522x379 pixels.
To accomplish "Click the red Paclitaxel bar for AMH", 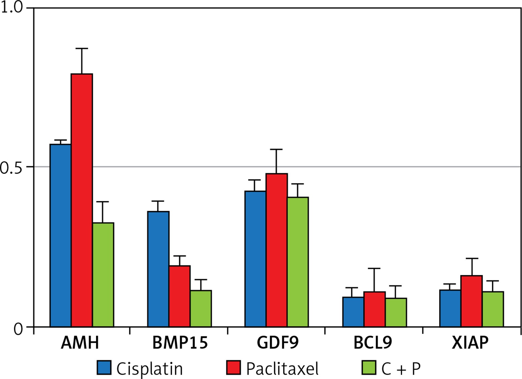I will coord(82,200).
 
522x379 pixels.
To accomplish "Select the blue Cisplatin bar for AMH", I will coord(61,236).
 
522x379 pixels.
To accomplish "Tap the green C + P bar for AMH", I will coord(103,275).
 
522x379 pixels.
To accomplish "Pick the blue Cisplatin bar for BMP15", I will coord(158,269).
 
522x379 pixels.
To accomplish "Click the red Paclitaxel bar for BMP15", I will coord(180,296).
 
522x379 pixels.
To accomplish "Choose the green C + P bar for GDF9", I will coord(298,262).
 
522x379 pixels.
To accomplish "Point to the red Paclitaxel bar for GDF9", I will coord(276,250).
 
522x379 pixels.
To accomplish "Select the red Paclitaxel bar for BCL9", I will coord(374,309).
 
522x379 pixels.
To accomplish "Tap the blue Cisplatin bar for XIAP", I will coord(450,308).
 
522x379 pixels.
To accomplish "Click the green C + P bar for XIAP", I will coord(493,309).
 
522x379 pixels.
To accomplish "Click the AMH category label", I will coord(80,343).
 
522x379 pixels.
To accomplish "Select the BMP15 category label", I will coord(180,343).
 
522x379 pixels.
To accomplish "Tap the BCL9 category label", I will coord(373,343).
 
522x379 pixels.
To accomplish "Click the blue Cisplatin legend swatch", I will coord(104,368).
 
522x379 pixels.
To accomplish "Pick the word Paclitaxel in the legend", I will coord(282,369).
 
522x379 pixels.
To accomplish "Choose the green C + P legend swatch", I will coord(369,368).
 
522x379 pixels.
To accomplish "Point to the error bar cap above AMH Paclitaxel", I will coord(82,48).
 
